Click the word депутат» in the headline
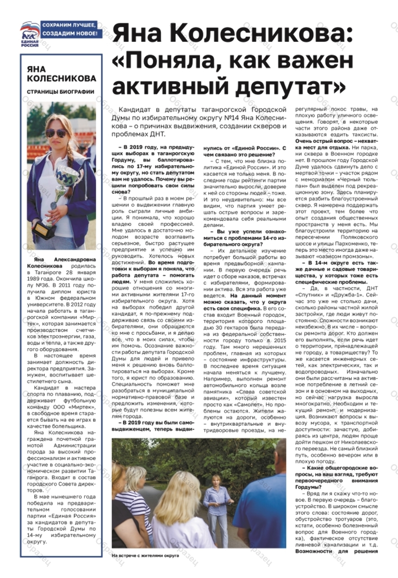click(x=290, y=86)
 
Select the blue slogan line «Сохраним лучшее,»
click(x=69, y=25)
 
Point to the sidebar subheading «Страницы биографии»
click(x=60, y=92)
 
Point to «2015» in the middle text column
click(x=280, y=340)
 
